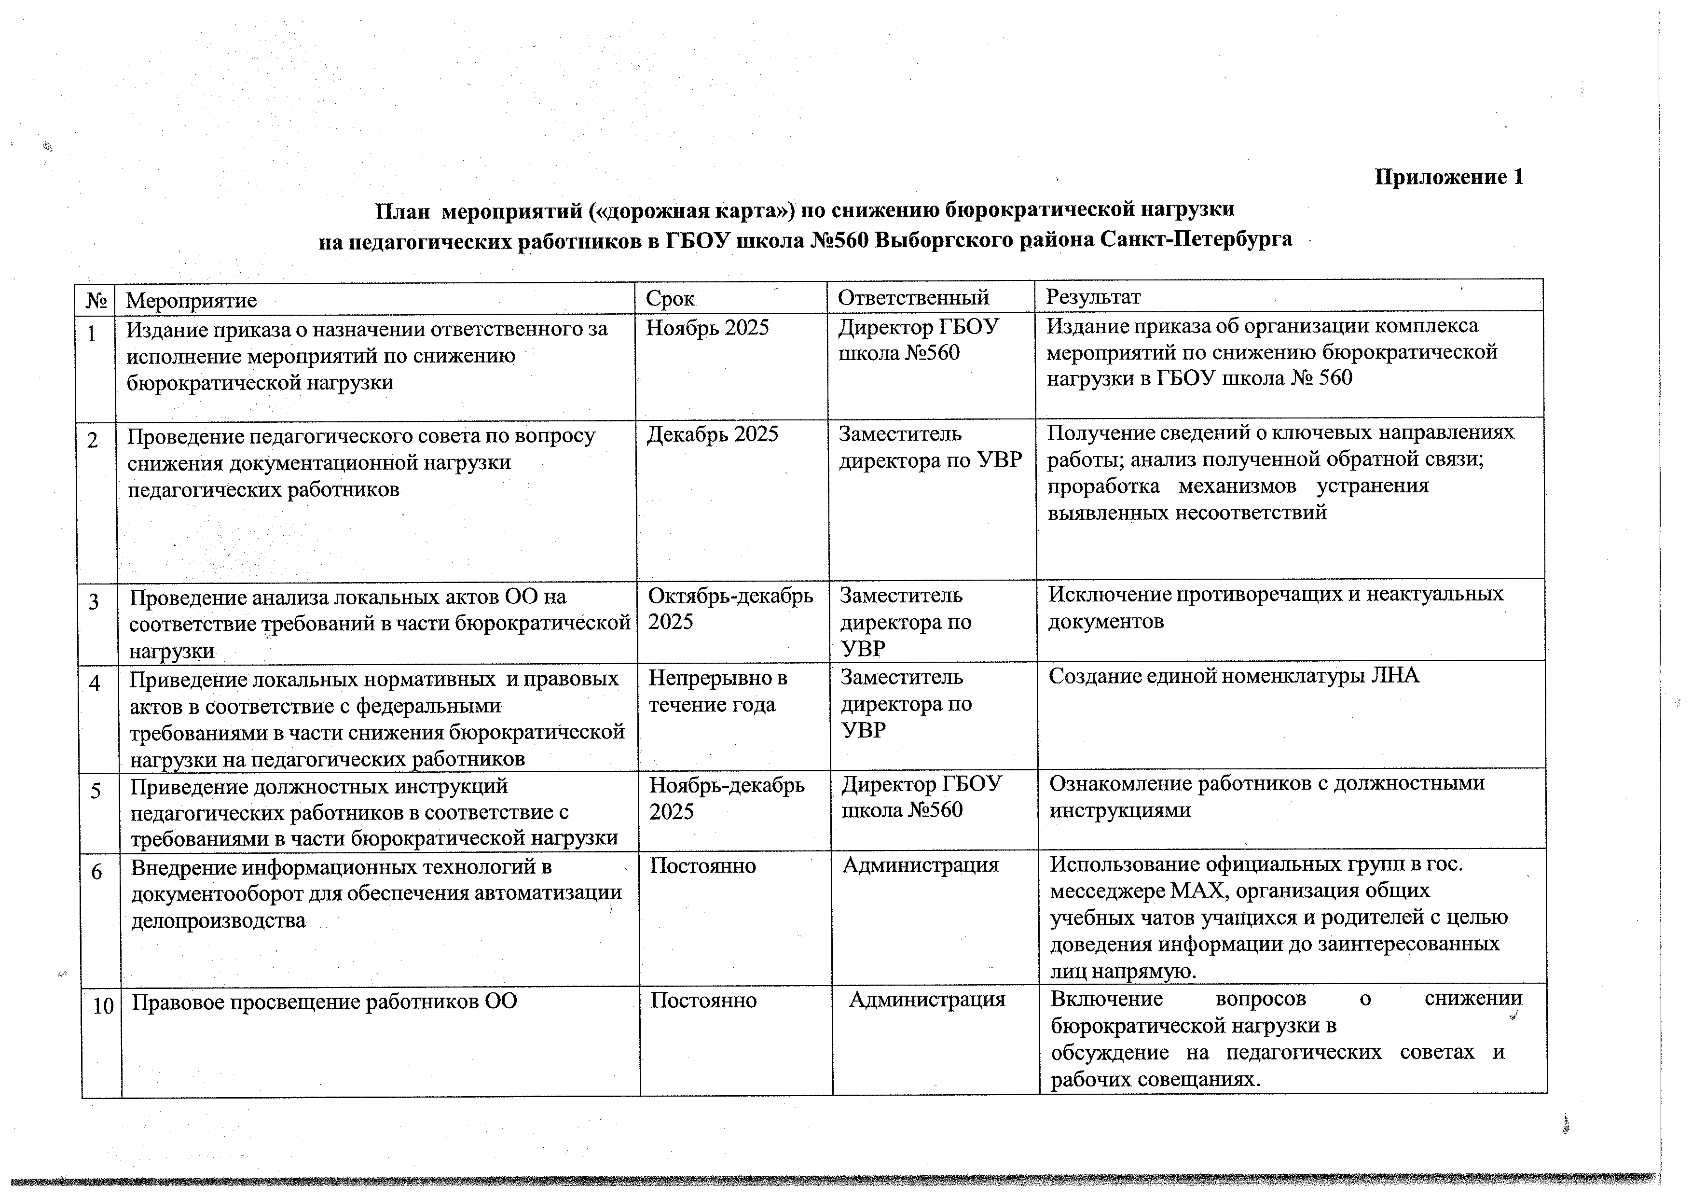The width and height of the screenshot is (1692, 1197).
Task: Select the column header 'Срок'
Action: [670, 298]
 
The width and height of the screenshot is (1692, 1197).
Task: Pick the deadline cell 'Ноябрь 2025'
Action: [707, 328]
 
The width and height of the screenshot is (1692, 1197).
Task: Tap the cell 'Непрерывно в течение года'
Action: [717, 691]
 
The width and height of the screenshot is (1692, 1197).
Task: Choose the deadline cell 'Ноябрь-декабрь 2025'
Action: [727, 798]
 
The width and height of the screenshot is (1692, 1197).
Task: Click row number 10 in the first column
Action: [103, 1005]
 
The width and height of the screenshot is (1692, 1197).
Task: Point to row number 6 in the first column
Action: [96, 872]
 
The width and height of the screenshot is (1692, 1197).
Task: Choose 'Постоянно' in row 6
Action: [702, 865]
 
